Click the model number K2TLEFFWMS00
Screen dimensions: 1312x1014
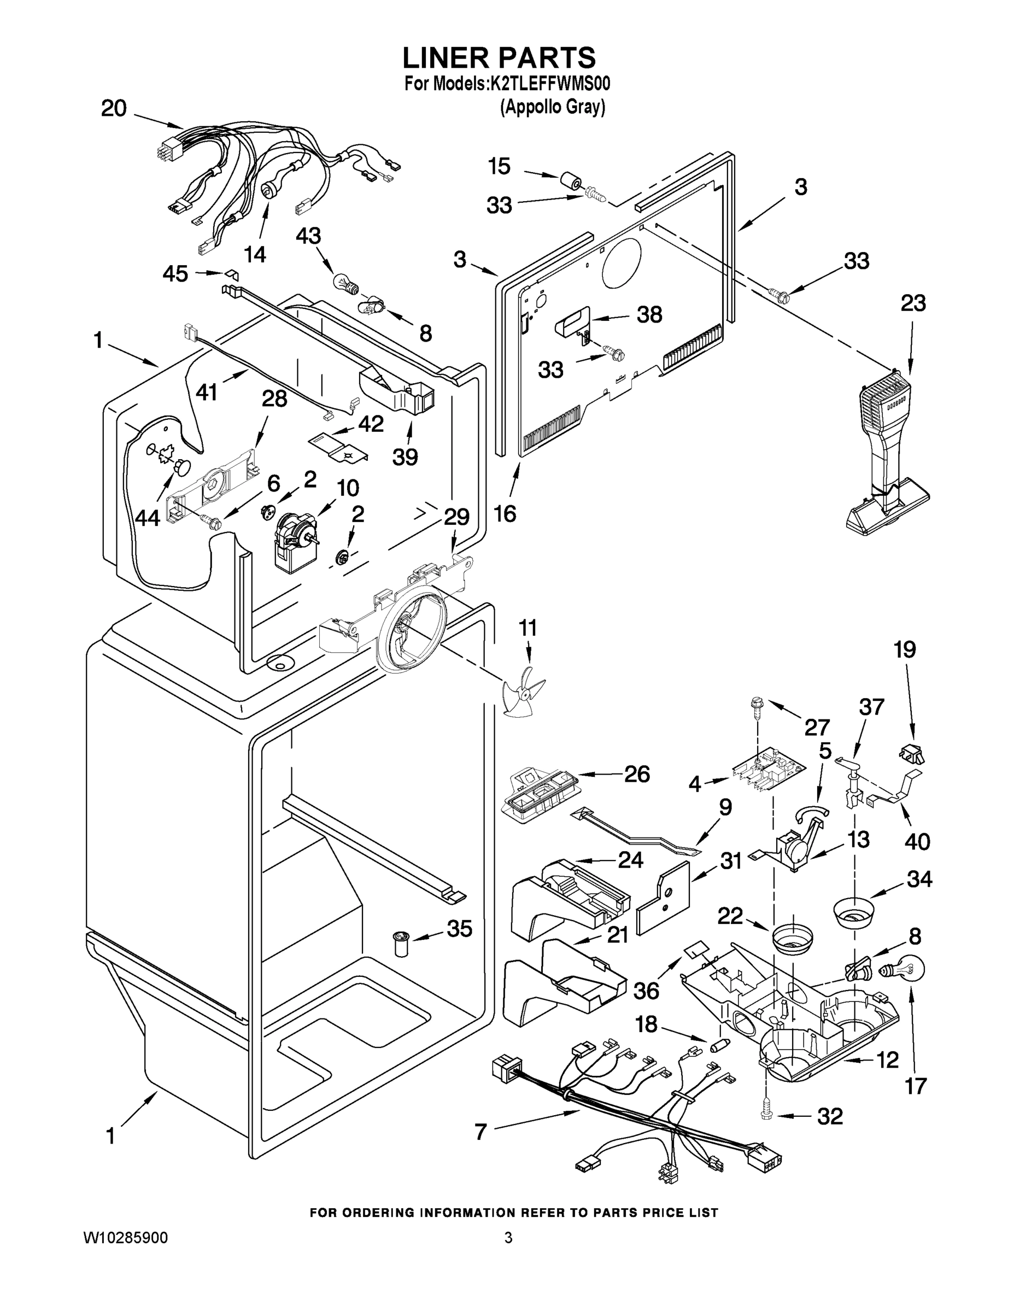(550, 84)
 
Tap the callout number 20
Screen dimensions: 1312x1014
(114, 109)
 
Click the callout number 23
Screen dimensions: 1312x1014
(913, 303)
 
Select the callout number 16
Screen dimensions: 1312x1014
(505, 514)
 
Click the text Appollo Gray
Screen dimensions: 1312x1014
(553, 108)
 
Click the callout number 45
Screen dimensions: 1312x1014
(175, 274)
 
